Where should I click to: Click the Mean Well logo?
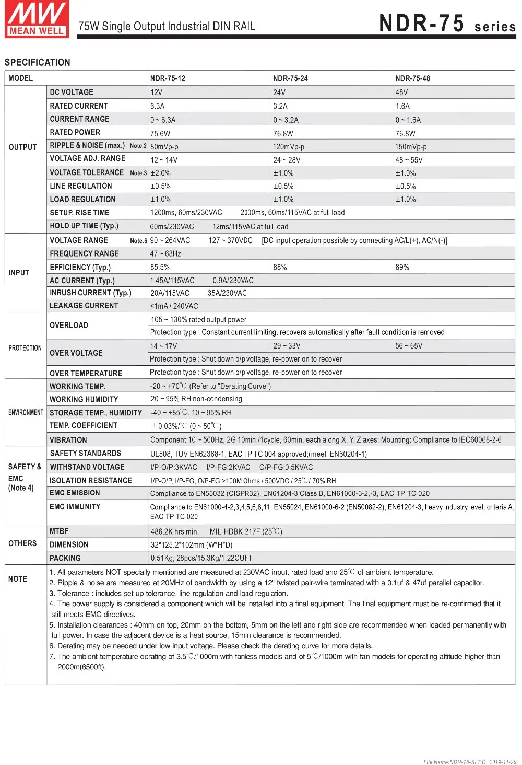(x=37, y=19)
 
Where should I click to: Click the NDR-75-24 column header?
(x=290, y=78)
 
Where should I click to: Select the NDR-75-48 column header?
(x=412, y=78)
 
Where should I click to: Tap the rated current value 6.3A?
(x=157, y=106)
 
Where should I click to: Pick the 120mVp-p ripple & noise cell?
(x=288, y=147)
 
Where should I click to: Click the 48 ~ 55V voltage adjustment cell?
(x=409, y=160)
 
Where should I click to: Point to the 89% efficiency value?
(x=402, y=267)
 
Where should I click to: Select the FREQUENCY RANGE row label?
(x=84, y=253)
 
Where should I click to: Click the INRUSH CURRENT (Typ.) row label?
(x=90, y=293)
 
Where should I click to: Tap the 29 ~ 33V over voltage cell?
(x=287, y=346)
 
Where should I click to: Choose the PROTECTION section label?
(x=25, y=348)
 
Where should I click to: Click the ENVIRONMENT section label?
(x=26, y=412)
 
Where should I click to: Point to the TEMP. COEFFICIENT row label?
(x=84, y=425)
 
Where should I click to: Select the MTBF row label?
(x=59, y=531)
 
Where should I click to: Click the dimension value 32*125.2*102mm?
(x=192, y=544)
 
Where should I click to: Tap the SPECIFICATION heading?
(x=37, y=62)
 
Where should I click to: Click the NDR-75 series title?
(x=447, y=24)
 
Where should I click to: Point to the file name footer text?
(x=470, y=761)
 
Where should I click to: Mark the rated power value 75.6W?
(x=160, y=133)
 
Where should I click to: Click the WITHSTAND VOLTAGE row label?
(x=87, y=467)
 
